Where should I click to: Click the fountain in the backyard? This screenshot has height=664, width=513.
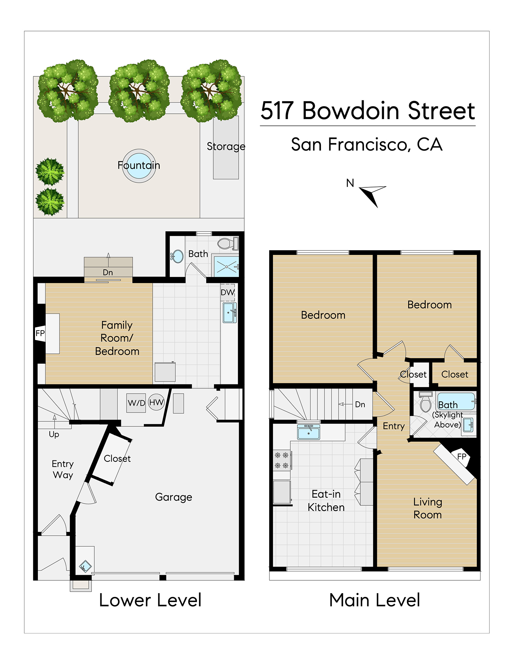[139, 166]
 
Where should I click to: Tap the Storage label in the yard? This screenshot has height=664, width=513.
[226, 146]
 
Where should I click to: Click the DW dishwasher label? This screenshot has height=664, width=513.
[228, 293]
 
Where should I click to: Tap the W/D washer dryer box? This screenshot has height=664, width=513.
[136, 403]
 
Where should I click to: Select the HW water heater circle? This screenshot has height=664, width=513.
[156, 402]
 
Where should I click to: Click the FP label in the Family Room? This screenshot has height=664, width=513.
[40, 333]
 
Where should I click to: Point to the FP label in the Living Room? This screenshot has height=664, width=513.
[461, 456]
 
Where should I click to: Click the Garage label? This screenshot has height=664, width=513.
[173, 497]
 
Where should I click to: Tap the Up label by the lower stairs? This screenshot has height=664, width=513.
[54, 435]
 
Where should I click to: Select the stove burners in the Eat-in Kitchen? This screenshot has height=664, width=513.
[282, 460]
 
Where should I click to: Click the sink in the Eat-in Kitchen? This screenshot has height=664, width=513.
[308, 432]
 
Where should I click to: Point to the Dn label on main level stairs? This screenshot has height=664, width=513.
[360, 404]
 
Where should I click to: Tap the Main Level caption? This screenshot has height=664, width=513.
[374, 600]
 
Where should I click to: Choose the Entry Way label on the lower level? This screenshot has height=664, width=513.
[63, 469]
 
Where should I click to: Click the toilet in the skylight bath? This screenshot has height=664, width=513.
[426, 402]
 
